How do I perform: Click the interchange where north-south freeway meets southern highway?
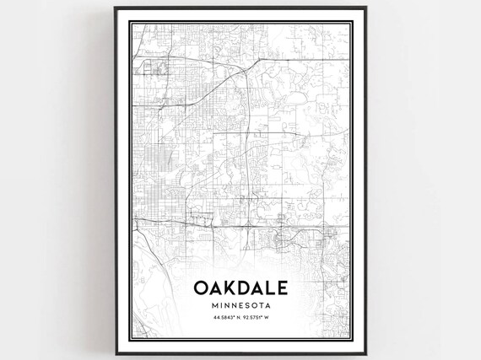coord(246,226)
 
